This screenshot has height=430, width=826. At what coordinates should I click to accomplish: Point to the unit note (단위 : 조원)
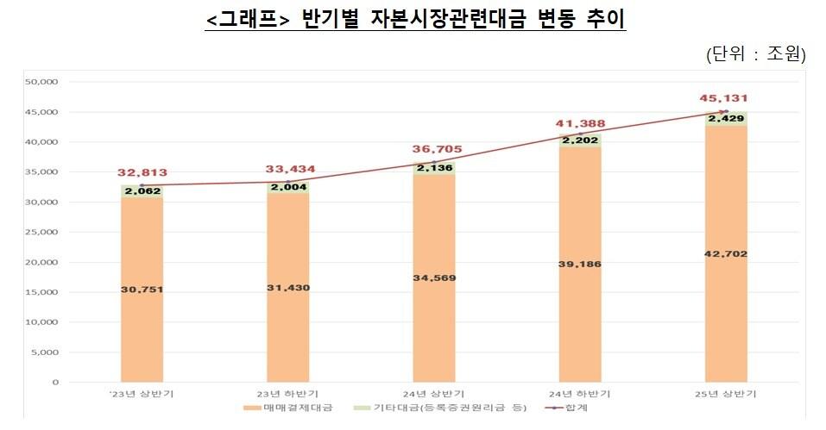tap(755, 54)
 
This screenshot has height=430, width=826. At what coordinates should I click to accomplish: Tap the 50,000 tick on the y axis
tap(42, 82)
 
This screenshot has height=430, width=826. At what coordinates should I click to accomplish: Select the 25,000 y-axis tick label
tap(42, 233)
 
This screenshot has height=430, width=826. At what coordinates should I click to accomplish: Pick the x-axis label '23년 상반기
tap(142, 393)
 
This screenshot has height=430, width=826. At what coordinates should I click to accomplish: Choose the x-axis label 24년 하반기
tap(579, 393)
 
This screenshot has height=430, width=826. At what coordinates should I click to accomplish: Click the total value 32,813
tap(142, 172)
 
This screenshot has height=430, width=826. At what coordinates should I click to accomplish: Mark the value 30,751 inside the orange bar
tap(142, 290)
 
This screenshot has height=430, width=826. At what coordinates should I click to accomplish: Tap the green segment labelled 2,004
tap(288, 187)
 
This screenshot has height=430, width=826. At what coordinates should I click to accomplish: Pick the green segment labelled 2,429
tap(726, 119)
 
